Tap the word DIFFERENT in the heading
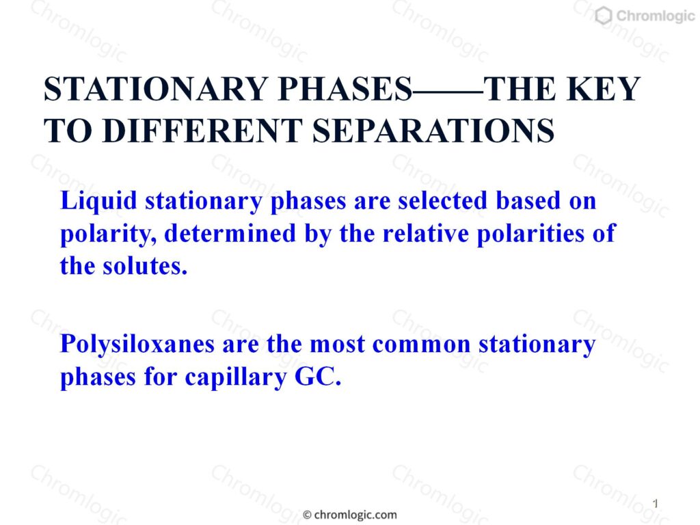[x=202, y=131]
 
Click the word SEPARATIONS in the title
[x=433, y=131]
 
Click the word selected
[x=443, y=200]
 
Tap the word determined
[x=230, y=234]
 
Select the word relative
[x=426, y=234]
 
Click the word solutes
[x=145, y=267]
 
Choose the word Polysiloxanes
[x=137, y=345]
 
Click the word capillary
[x=235, y=378]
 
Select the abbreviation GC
[x=318, y=377]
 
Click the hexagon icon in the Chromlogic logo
[x=604, y=16]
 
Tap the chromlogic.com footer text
[x=355, y=515]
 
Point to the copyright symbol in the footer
[x=307, y=515]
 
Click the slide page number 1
[x=656, y=504]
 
